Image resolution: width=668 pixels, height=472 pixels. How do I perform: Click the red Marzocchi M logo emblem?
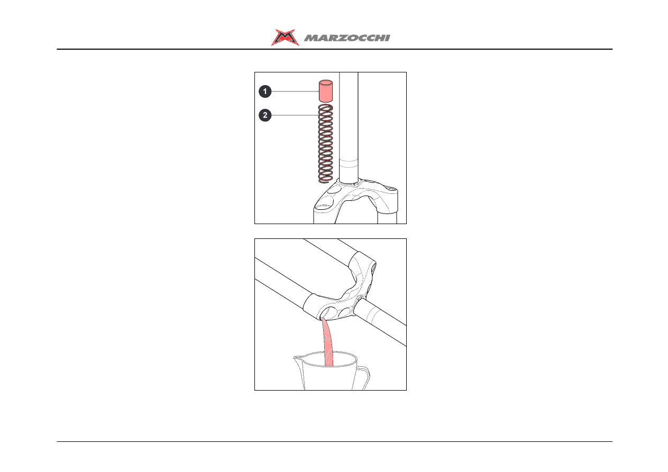coord(285,38)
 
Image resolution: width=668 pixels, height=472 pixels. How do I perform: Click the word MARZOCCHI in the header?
coord(347,38)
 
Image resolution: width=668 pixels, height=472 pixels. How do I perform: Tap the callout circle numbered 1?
coord(265,91)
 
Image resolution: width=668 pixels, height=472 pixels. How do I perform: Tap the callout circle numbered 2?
coord(265,115)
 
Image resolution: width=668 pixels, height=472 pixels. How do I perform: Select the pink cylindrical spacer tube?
coord(326,91)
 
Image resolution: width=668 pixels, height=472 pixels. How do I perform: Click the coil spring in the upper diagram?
coord(325,143)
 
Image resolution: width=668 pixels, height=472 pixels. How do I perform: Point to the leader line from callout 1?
coord(295,91)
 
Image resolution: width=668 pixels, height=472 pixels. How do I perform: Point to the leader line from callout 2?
coord(295,115)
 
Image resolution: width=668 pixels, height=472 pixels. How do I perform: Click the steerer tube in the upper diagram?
coord(349,127)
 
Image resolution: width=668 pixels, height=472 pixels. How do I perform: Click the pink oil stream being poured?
coord(328,343)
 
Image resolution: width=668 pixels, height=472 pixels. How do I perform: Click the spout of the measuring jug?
coord(298,359)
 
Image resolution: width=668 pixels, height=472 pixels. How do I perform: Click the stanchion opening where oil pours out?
coord(328,312)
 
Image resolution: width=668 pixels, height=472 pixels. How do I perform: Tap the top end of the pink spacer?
coord(326,82)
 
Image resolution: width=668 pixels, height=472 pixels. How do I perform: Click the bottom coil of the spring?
coord(325,180)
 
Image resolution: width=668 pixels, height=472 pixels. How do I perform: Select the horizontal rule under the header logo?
coord(335,49)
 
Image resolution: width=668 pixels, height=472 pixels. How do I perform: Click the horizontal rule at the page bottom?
coord(335,441)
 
